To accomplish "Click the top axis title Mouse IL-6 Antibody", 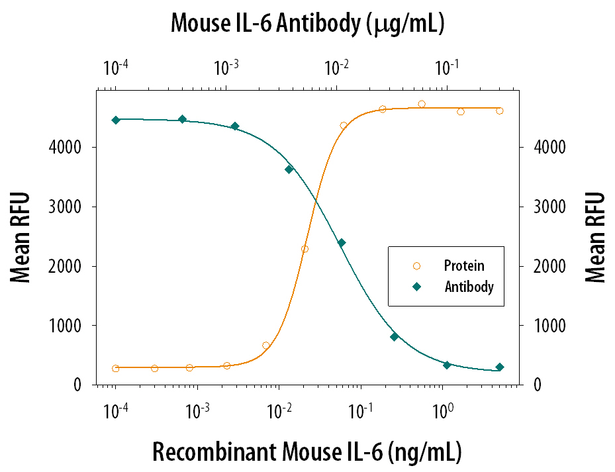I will (307, 24).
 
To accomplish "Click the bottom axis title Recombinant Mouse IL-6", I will (307, 451).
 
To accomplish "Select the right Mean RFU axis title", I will (595, 237).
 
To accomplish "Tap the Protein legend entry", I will (463, 266).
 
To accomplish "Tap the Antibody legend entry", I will (469, 287).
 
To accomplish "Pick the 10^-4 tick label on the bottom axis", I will (115, 410).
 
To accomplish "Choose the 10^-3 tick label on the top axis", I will (226, 67).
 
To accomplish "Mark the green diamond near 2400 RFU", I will (342, 243).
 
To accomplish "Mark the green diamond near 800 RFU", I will (394, 337).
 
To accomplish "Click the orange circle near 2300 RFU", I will (305, 249).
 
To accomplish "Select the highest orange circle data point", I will (422, 104).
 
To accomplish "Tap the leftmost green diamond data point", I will (116, 120).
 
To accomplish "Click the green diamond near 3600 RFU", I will (289, 169).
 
